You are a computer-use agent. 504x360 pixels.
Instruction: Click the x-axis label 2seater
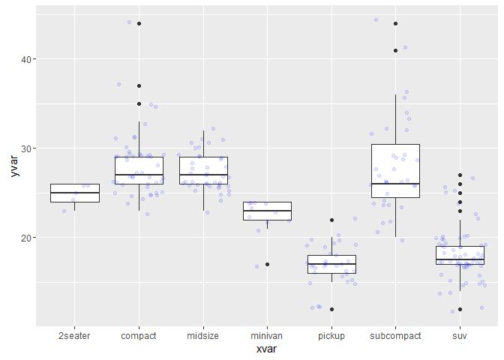tap(74, 336)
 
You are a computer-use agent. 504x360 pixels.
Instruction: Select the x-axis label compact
tap(139, 336)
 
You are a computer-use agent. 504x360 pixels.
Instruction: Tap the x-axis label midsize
tap(202, 336)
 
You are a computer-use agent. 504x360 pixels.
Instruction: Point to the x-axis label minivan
tap(267, 336)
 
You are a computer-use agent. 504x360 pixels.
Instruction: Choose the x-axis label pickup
tap(331, 336)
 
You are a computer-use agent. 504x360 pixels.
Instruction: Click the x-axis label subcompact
tap(395, 336)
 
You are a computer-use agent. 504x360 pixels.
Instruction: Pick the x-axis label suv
tap(460, 336)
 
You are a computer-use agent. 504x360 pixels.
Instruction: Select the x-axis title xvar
tap(267, 351)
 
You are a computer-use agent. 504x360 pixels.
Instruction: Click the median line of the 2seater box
tap(74, 193)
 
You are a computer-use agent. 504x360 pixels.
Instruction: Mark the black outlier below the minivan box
tap(267, 264)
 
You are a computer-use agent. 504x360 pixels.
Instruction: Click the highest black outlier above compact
tap(139, 24)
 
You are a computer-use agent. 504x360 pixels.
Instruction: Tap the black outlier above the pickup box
tap(331, 220)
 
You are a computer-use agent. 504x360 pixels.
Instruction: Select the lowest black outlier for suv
tap(460, 309)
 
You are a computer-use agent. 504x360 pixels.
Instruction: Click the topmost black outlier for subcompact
tap(395, 24)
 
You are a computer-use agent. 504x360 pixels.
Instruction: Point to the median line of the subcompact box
tap(395, 184)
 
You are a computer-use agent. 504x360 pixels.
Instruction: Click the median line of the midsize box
tap(202, 175)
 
